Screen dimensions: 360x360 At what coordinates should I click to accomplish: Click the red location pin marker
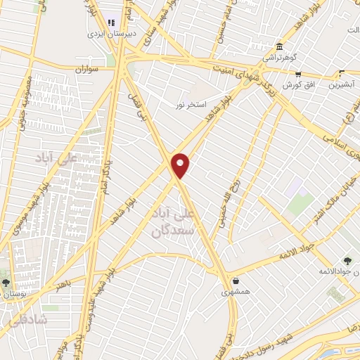coord(181,165)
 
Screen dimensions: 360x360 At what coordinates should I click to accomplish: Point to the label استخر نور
coord(191,105)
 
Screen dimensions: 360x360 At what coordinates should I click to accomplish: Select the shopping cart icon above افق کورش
coord(298,73)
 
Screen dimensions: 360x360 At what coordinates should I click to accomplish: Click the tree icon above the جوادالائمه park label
coord(349,262)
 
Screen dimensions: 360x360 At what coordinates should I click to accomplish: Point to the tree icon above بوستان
coord(6,283)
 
